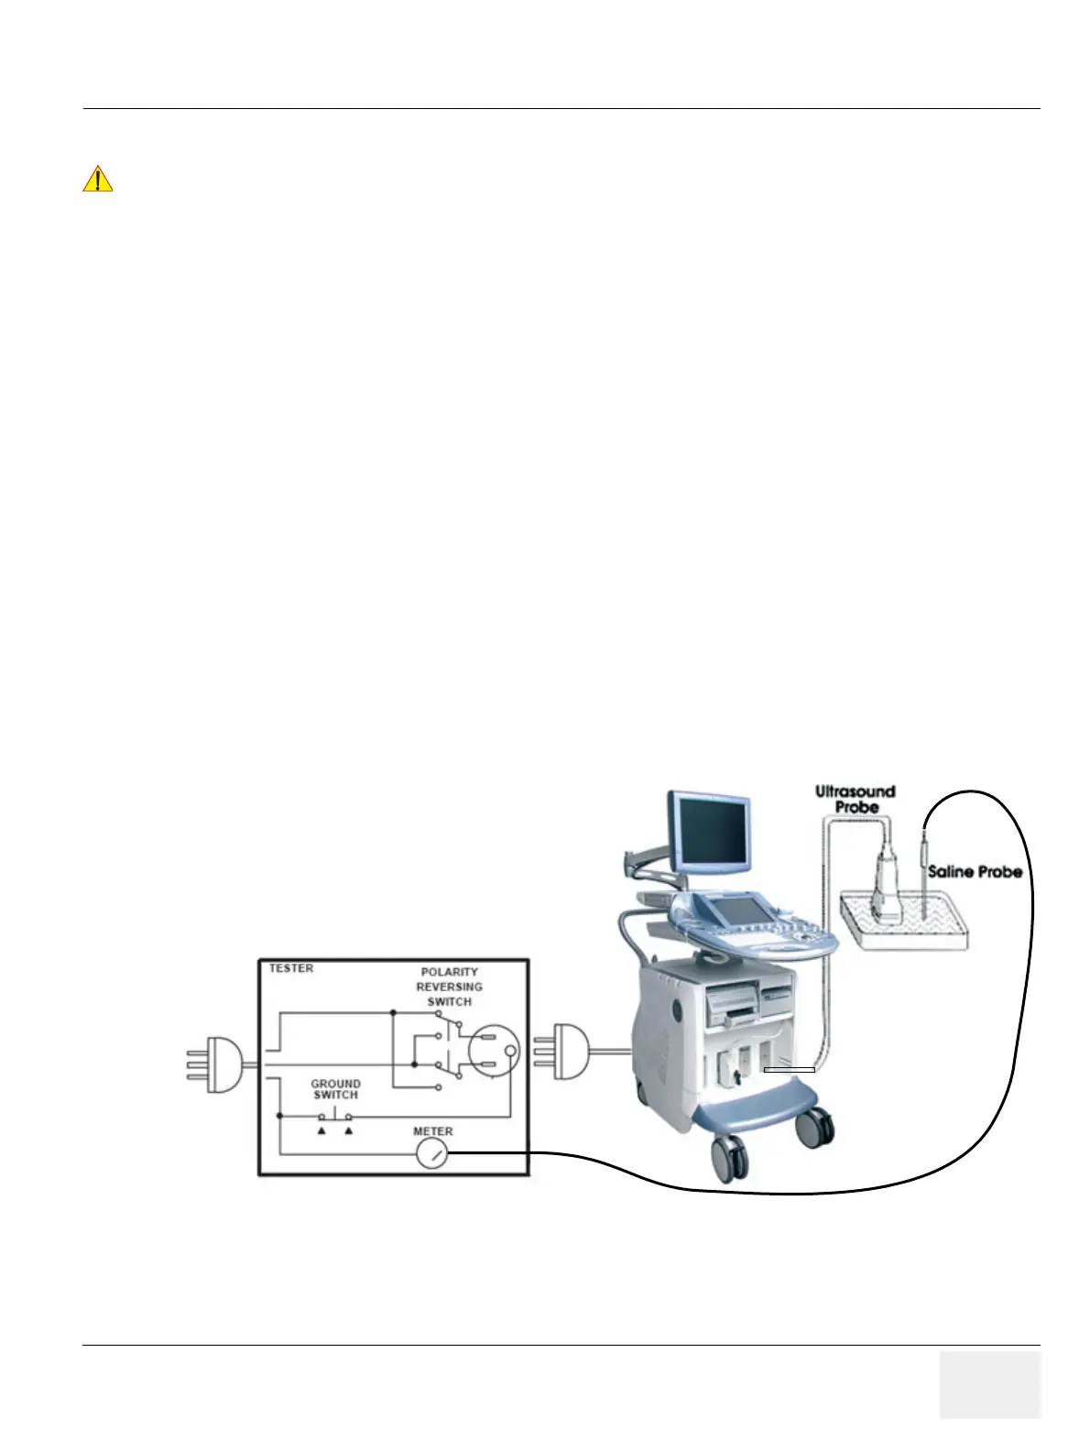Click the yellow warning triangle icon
pos(97,179)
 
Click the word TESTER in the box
pos(291,968)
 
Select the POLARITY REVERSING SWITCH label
pos(449,987)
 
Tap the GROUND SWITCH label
pos(335,1089)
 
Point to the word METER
pos(432,1131)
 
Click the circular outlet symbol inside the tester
pos(494,1050)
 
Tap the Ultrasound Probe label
pos(856,799)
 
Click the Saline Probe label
pos(975,871)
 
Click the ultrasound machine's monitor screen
pos(709,831)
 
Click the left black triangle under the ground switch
pos(322,1132)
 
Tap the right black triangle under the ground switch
pos(348,1132)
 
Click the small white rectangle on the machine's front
pos(790,1069)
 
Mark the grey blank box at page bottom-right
pos(989,1383)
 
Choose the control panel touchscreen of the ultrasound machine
pos(738,911)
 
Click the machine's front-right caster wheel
pos(813,1129)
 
